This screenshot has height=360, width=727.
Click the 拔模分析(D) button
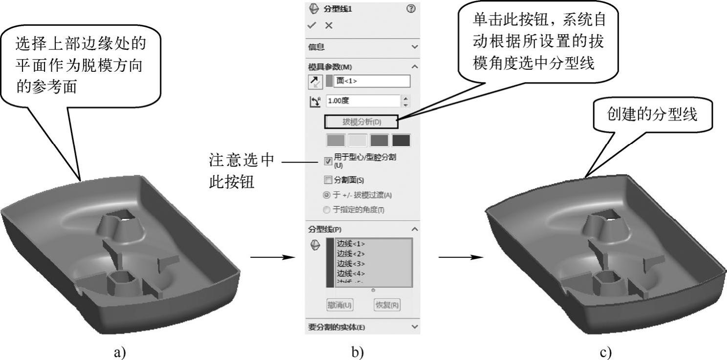[361, 122]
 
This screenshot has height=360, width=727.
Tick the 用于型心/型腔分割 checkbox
[328, 161]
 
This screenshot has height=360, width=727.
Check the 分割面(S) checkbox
[328, 180]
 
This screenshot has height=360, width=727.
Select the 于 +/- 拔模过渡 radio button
[327, 195]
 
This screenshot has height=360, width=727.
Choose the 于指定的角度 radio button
[327, 210]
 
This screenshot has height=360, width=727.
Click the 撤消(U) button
[339, 305]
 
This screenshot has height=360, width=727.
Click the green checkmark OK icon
[312, 25]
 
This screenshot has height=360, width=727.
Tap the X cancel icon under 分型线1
[329, 25]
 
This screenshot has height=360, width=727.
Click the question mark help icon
[410, 8]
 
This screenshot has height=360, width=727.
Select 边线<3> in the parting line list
[351, 263]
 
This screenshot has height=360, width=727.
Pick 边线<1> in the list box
[351, 244]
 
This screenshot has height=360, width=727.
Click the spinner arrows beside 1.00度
[406, 101]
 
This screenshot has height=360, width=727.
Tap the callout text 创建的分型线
[651, 115]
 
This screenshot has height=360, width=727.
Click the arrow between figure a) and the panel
[274, 256]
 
